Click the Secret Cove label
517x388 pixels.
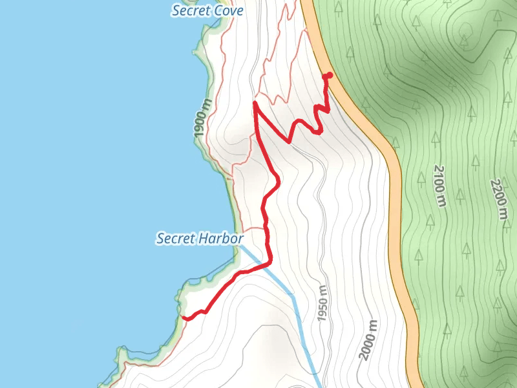tap(207, 11)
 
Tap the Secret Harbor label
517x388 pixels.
tap(200, 239)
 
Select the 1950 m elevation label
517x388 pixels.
tap(322, 303)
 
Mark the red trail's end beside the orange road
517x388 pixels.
tap(328, 76)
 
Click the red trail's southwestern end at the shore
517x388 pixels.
tap(184, 318)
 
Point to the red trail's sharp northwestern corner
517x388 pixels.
tap(255, 103)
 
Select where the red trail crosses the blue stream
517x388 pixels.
tap(266, 264)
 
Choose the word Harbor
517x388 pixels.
tap(222, 239)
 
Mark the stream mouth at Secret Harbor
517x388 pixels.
tap(242, 247)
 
